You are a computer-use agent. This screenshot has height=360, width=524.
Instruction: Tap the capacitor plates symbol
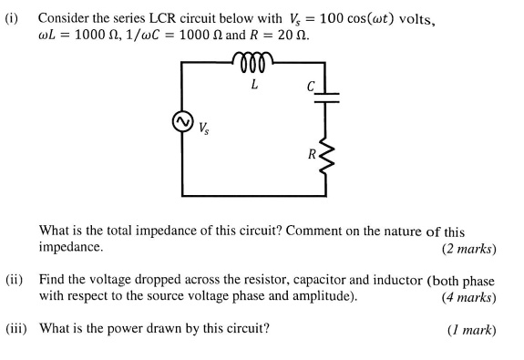pyautogui.click(x=325, y=97)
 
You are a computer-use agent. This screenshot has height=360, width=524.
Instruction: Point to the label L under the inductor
pyautogui.click(x=254, y=86)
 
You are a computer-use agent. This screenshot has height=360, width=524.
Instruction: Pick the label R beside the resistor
pyautogui.click(x=312, y=153)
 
